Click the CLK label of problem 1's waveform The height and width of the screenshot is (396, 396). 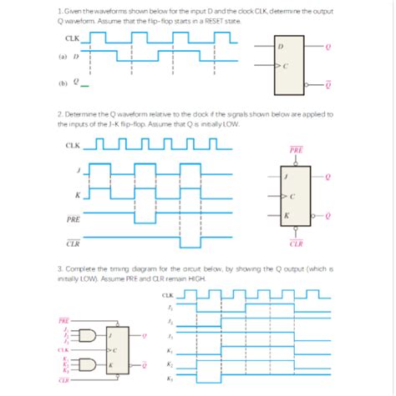tap(71, 38)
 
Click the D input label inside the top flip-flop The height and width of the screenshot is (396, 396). tap(281, 47)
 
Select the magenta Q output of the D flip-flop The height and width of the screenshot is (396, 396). tap(328, 47)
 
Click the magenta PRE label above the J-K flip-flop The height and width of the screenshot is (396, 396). tap(296, 150)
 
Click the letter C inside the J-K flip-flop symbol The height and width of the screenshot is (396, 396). tap(293, 196)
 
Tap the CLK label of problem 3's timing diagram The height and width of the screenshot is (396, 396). tap(168, 295)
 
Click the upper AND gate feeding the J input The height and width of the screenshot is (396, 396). tap(84, 335)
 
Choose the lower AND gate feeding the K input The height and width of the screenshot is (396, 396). tap(84, 363)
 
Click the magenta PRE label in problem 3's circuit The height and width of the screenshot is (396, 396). tap(63, 319)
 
